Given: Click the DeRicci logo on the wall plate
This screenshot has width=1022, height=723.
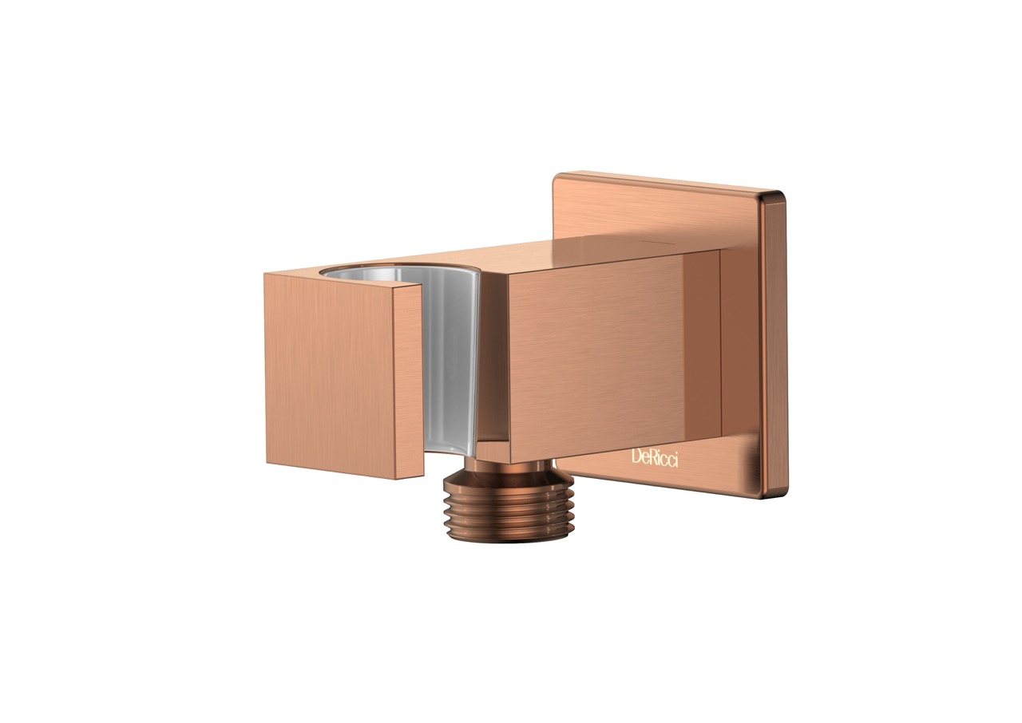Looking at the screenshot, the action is [x=654, y=459].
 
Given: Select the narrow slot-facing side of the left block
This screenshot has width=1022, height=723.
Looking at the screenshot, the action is [x=408, y=381].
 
